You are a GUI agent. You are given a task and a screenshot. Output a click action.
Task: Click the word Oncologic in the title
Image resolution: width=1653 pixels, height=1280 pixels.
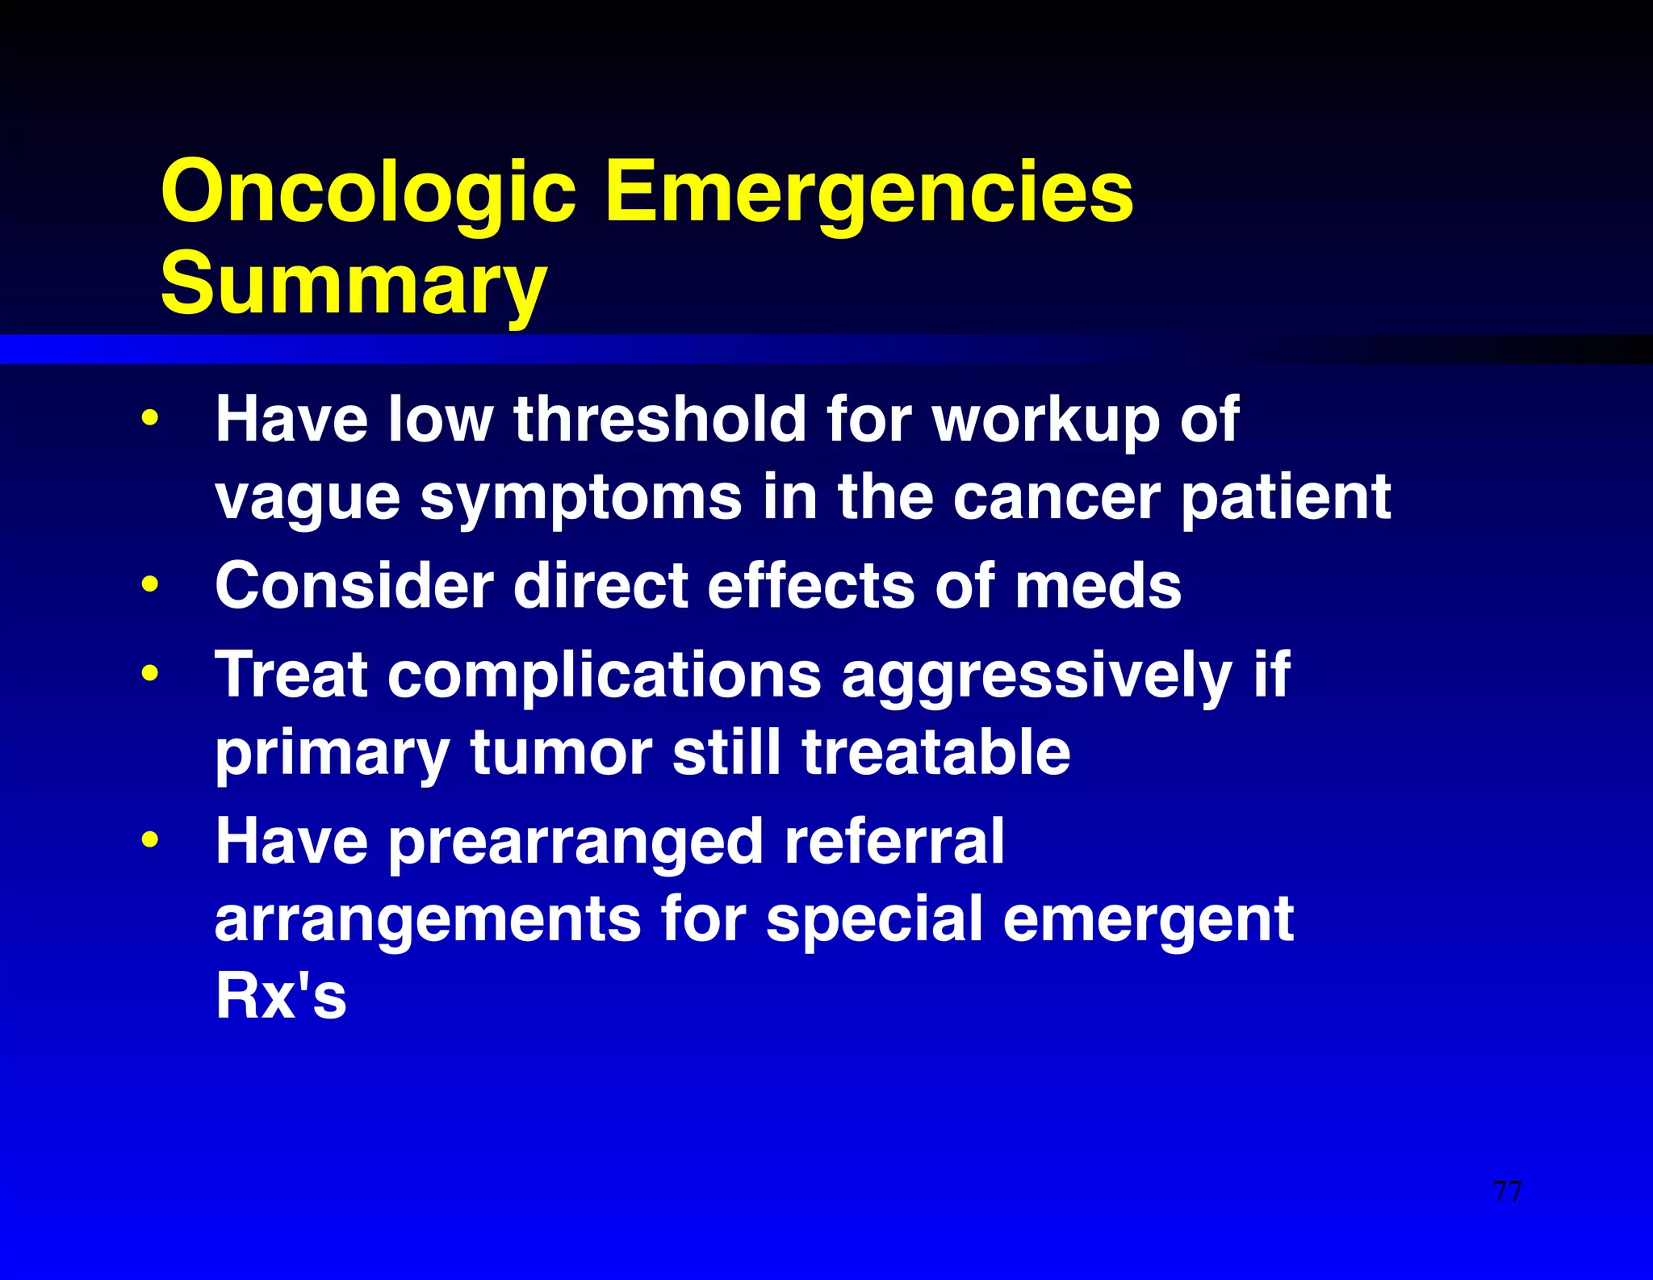[368, 192]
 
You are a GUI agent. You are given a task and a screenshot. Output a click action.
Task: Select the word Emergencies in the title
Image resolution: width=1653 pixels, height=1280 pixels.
[868, 192]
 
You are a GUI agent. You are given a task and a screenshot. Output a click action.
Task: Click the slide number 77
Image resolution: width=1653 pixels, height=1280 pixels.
[1507, 1191]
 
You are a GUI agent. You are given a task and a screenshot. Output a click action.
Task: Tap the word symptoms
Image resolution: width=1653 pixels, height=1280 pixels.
[581, 498]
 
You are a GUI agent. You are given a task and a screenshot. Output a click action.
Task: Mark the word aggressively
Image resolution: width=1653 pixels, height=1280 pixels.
[1036, 676]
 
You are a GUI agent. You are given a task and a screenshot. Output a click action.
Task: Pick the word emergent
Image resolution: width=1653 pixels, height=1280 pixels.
[1148, 920]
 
